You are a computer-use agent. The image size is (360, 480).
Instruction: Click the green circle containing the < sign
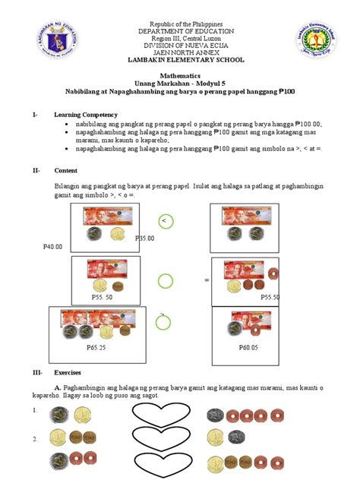pyautogui.click(x=163, y=220)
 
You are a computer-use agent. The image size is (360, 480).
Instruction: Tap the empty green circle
pyautogui.click(x=163, y=281)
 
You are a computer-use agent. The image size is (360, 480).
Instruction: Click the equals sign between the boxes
pyautogui.click(x=206, y=281)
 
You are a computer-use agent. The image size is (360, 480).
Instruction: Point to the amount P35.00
pyautogui.click(x=144, y=238)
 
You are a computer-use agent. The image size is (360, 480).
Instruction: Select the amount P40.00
pyautogui.click(x=53, y=247)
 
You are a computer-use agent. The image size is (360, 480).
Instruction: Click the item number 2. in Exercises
pyautogui.click(x=36, y=439)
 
